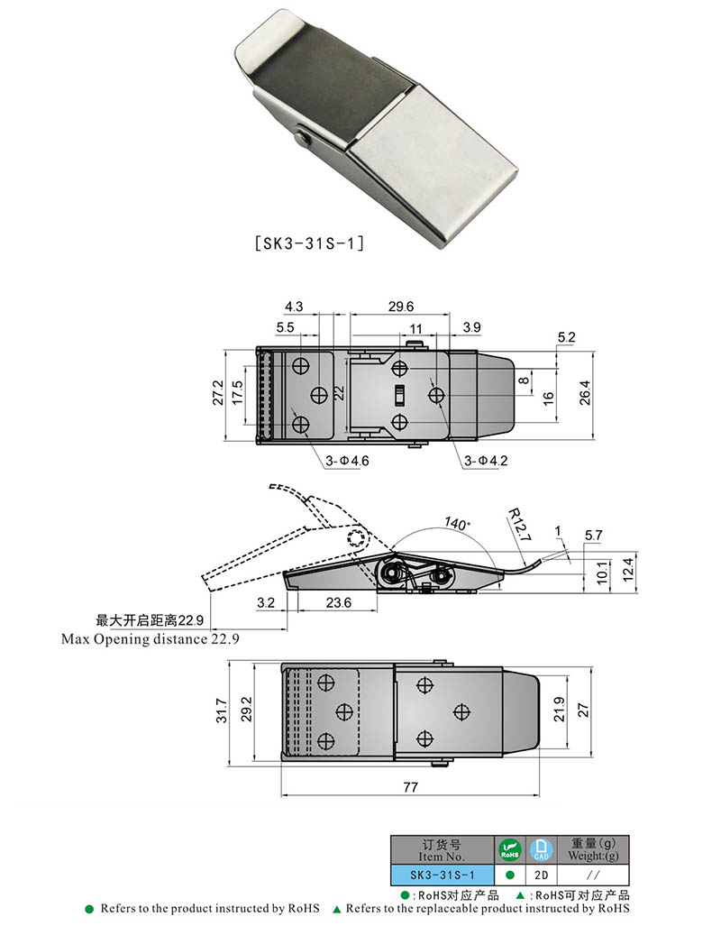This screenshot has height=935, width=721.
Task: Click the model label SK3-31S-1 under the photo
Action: pyautogui.click(x=309, y=243)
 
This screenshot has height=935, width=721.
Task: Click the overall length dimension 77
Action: pyautogui.click(x=410, y=787)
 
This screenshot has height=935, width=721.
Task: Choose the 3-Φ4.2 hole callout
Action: pyautogui.click(x=487, y=462)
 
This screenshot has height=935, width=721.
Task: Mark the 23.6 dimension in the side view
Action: pyautogui.click(x=338, y=602)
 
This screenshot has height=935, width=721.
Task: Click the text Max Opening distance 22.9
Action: pyautogui.click(x=151, y=638)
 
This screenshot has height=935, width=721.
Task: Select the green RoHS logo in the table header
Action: pyautogui.click(x=509, y=849)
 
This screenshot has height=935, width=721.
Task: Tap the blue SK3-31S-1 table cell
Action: pyautogui.click(x=442, y=875)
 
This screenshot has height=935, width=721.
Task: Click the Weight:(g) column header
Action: pyautogui.click(x=592, y=849)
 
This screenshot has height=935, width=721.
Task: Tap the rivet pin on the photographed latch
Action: pyautogui.click(x=304, y=137)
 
